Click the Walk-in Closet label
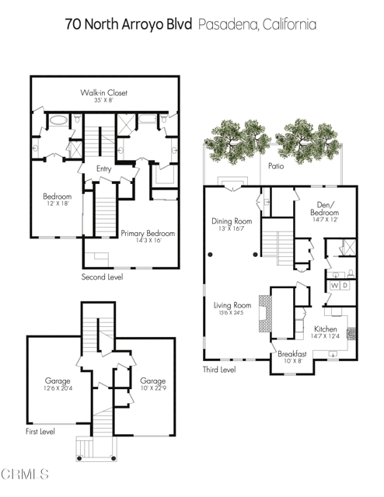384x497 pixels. coord(104,93)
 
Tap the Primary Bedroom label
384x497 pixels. coord(148,233)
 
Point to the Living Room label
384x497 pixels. coord(232,305)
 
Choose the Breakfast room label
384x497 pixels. coord(293,354)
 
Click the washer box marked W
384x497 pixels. coord(334,286)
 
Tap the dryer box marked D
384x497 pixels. coord(347,286)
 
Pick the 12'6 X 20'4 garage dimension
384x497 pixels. coord(58,390)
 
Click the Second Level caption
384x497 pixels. coord(102,276)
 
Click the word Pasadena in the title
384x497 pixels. coord(235,24)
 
